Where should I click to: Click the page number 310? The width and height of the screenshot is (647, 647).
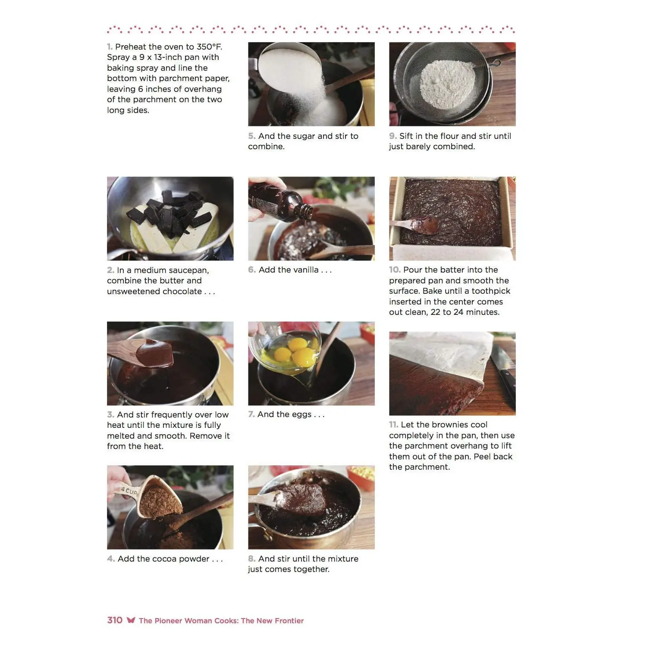(x=115, y=620)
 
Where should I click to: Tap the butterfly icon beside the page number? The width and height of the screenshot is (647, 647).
(x=131, y=620)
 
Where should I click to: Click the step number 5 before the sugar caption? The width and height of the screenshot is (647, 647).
(x=251, y=136)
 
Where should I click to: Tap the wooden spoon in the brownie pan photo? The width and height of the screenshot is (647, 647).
(x=415, y=225)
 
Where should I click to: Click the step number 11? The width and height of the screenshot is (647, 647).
(x=393, y=425)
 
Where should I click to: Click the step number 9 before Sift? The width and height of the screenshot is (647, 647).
(x=393, y=136)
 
